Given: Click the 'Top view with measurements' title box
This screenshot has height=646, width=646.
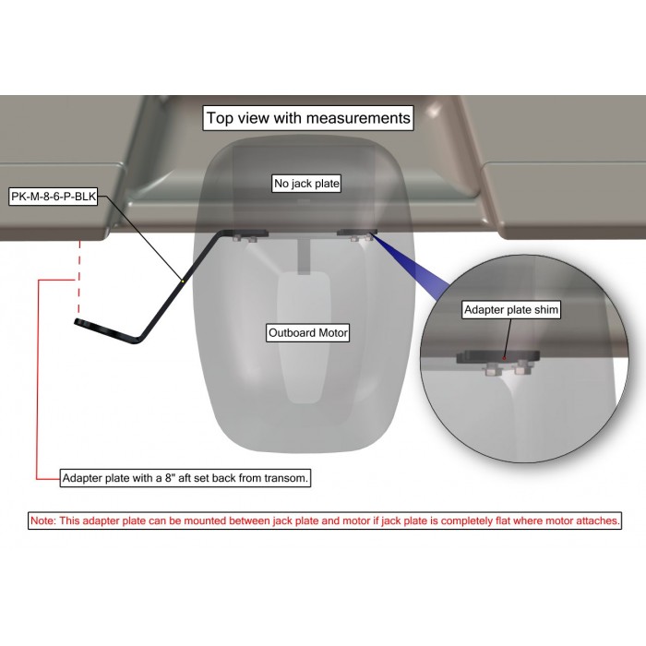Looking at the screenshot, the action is pyautogui.click(x=307, y=118).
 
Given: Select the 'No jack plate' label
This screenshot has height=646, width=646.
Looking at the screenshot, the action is pyautogui.click(x=307, y=184).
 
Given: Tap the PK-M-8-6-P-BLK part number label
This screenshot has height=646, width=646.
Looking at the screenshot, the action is pyautogui.click(x=54, y=197).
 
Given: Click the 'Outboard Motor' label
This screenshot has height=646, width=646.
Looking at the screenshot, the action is pyautogui.click(x=307, y=332).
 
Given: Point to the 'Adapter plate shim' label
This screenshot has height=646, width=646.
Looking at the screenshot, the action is pyautogui.click(x=511, y=309).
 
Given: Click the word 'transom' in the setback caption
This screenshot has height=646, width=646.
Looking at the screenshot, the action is pyautogui.click(x=285, y=478).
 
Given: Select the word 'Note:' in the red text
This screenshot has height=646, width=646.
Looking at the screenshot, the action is pyautogui.click(x=42, y=520).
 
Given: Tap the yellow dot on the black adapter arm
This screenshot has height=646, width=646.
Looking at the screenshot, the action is pyautogui.click(x=183, y=281).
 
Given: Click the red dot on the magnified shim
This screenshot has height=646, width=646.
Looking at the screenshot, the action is pyautogui.click(x=504, y=358).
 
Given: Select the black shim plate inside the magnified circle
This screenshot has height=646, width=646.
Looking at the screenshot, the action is pyautogui.click(x=497, y=356).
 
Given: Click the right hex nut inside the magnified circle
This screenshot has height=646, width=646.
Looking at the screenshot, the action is pyautogui.click(x=522, y=366).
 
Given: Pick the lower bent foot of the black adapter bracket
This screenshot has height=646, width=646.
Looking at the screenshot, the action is pyautogui.click(x=108, y=330).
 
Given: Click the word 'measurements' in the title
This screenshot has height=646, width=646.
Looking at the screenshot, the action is pyautogui.click(x=358, y=118).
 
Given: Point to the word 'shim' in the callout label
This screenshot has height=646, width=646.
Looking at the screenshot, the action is pyautogui.click(x=547, y=309).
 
